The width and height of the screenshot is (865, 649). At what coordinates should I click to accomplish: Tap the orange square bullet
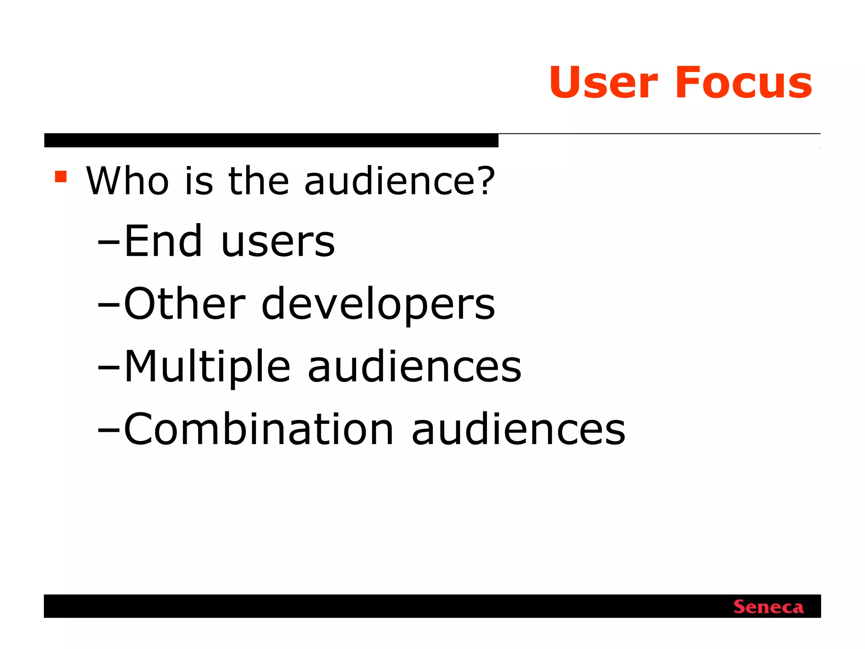click(x=61, y=176)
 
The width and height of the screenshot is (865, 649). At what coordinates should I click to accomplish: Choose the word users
click(x=278, y=242)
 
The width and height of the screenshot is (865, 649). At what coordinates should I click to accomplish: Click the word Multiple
click(x=207, y=367)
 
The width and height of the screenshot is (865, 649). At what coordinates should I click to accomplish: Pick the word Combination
click(x=258, y=429)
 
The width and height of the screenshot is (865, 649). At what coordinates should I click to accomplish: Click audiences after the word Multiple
click(x=414, y=367)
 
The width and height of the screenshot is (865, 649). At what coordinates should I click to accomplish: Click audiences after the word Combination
click(x=518, y=429)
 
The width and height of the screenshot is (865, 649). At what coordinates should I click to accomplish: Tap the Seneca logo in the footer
click(x=768, y=607)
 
